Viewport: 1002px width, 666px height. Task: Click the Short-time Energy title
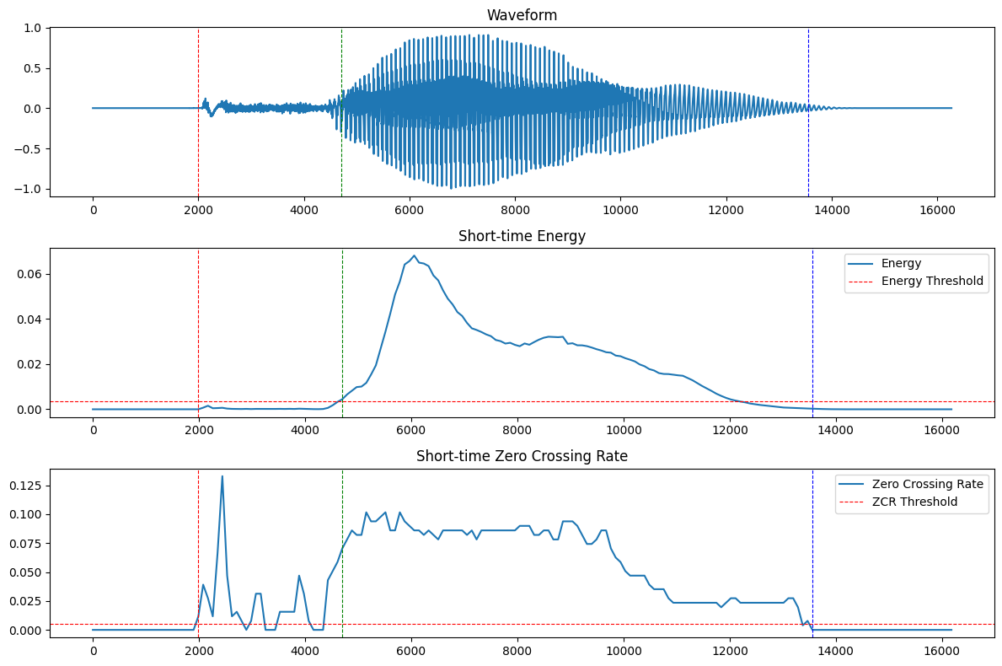click(522, 236)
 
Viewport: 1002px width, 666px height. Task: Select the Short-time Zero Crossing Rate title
click(522, 456)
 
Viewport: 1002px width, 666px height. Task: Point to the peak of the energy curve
click(414, 255)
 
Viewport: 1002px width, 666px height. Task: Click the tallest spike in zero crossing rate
click(222, 476)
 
